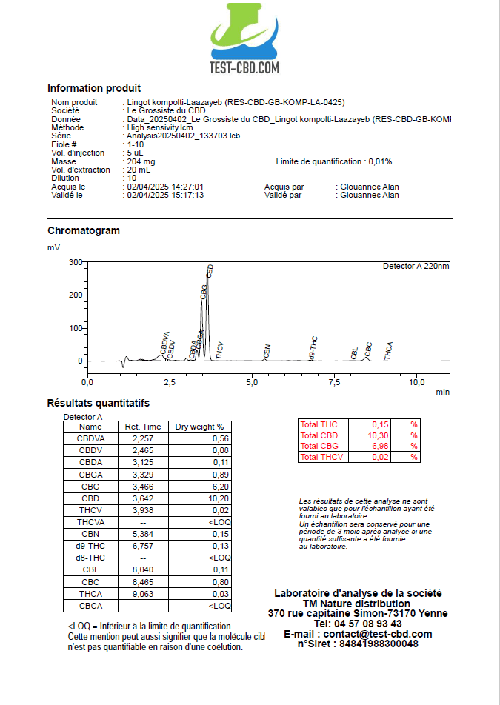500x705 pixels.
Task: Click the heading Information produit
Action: tap(94, 88)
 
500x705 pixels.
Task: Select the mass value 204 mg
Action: tap(141, 161)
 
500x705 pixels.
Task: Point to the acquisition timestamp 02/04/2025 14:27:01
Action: tap(165, 187)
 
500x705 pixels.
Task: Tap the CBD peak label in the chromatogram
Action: tap(210, 271)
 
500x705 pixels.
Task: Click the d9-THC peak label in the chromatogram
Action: tap(314, 348)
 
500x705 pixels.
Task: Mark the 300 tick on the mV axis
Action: tap(75, 262)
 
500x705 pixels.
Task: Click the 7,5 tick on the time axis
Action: tap(335, 382)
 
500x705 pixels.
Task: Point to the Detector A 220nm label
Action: tap(416, 266)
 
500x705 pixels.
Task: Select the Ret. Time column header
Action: tap(143, 427)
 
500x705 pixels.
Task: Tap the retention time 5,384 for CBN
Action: tap(143, 533)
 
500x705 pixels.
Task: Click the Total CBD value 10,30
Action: tap(379, 435)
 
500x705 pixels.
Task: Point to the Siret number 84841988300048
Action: tap(379, 644)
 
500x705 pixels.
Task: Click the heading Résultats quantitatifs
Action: tap(99, 403)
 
